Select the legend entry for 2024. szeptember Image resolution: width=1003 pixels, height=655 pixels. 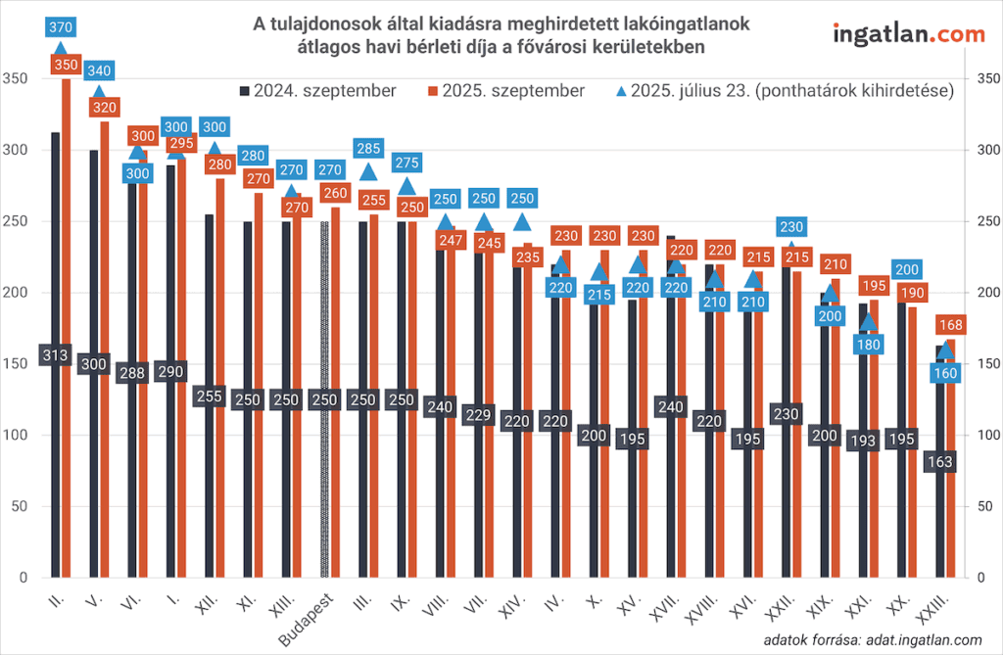(x=316, y=90)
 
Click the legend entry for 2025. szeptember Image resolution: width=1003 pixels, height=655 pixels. (x=504, y=90)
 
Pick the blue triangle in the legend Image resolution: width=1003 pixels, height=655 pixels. (x=620, y=90)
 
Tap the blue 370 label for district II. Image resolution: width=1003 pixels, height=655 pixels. (x=61, y=26)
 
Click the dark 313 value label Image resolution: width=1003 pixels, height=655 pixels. (x=55, y=355)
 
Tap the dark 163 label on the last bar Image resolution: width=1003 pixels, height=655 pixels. (x=943, y=461)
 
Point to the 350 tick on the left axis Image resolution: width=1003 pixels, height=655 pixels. (x=16, y=78)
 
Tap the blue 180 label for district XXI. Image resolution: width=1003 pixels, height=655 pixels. (x=869, y=345)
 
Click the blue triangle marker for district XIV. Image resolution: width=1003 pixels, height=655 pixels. (x=522, y=222)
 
